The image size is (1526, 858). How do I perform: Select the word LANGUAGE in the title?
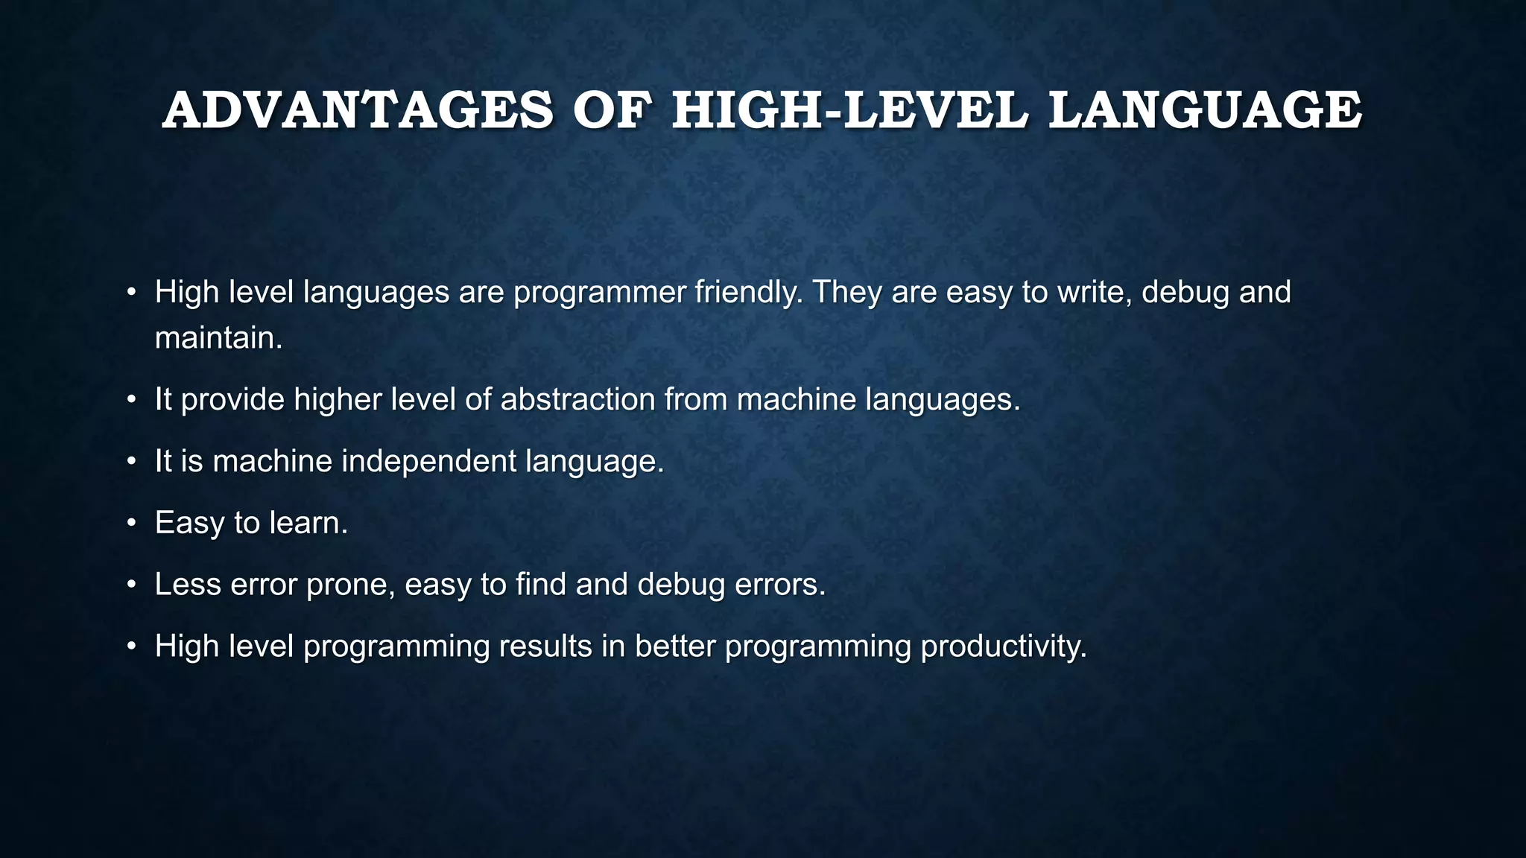[x=1205, y=110]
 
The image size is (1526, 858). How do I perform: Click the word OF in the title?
[x=612, y=110]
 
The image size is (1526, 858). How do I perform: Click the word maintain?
[x=218, y=338]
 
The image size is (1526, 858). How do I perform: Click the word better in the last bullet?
[x=675, y=646]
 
